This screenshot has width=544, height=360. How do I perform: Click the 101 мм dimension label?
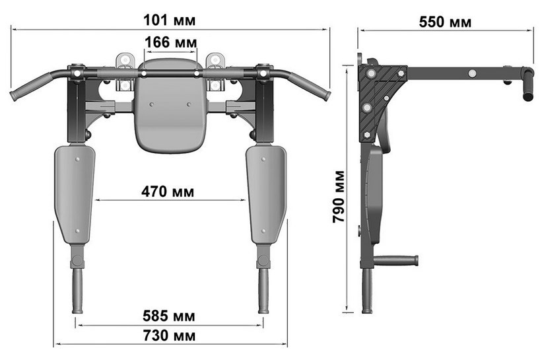click(x=169, y=20)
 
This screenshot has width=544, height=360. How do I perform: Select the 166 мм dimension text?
click(x=171, y=42)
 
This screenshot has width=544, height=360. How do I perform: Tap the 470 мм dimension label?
click(x=168, y=192)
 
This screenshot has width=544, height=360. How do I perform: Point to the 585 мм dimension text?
click(x=169, y=316)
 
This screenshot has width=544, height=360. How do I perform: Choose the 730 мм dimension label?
click(x=169, y=336)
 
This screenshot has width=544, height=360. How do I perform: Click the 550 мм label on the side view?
click(x=445, y=22)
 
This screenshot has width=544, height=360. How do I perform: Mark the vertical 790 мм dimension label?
click(x=339, y=196)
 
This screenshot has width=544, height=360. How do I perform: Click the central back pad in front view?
click(x=170, y=106)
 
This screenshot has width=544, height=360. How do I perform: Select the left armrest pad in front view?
click(x=75, y=194)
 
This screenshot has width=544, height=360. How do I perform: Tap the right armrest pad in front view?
click(x=266, y=194)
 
